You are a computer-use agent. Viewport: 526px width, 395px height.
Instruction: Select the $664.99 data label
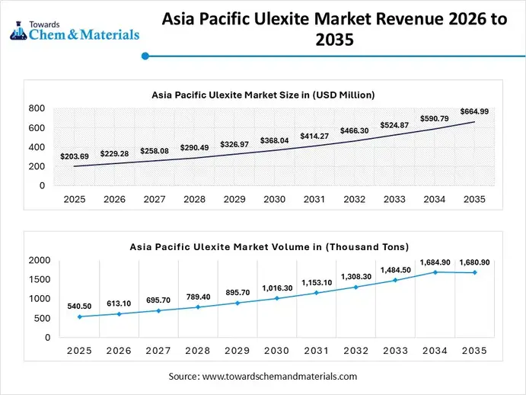click(474, 111)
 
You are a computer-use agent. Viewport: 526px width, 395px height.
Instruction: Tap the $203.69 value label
click(75, 156)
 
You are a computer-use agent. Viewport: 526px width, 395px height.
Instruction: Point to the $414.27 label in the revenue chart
click(314, 135)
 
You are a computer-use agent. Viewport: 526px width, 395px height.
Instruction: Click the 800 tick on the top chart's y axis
click(37, 109)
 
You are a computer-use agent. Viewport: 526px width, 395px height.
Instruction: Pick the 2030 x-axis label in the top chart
click(274, 199)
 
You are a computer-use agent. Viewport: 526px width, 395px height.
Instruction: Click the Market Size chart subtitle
click(263, 95)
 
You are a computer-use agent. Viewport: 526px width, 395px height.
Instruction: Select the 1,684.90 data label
click(434, 262)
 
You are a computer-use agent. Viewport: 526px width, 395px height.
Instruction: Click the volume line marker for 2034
click(435, 271)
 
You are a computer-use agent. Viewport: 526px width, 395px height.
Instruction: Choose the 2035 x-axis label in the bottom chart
click(474, 351)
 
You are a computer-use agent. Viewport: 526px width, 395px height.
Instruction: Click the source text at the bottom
click(263, 377)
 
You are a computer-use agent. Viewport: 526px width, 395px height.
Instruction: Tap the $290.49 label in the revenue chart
click(195, 147)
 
